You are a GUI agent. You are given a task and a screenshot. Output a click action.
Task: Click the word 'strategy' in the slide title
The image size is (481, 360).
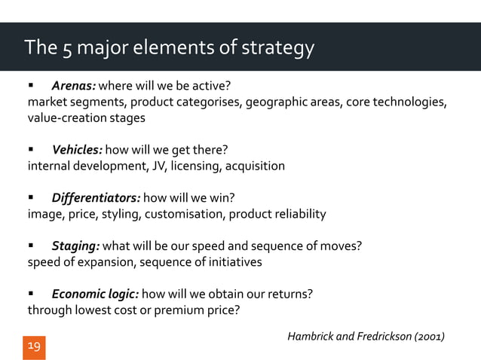280,50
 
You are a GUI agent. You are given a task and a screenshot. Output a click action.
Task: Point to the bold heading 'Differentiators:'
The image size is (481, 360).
95,199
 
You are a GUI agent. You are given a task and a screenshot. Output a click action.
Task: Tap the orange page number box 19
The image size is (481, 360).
34,347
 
